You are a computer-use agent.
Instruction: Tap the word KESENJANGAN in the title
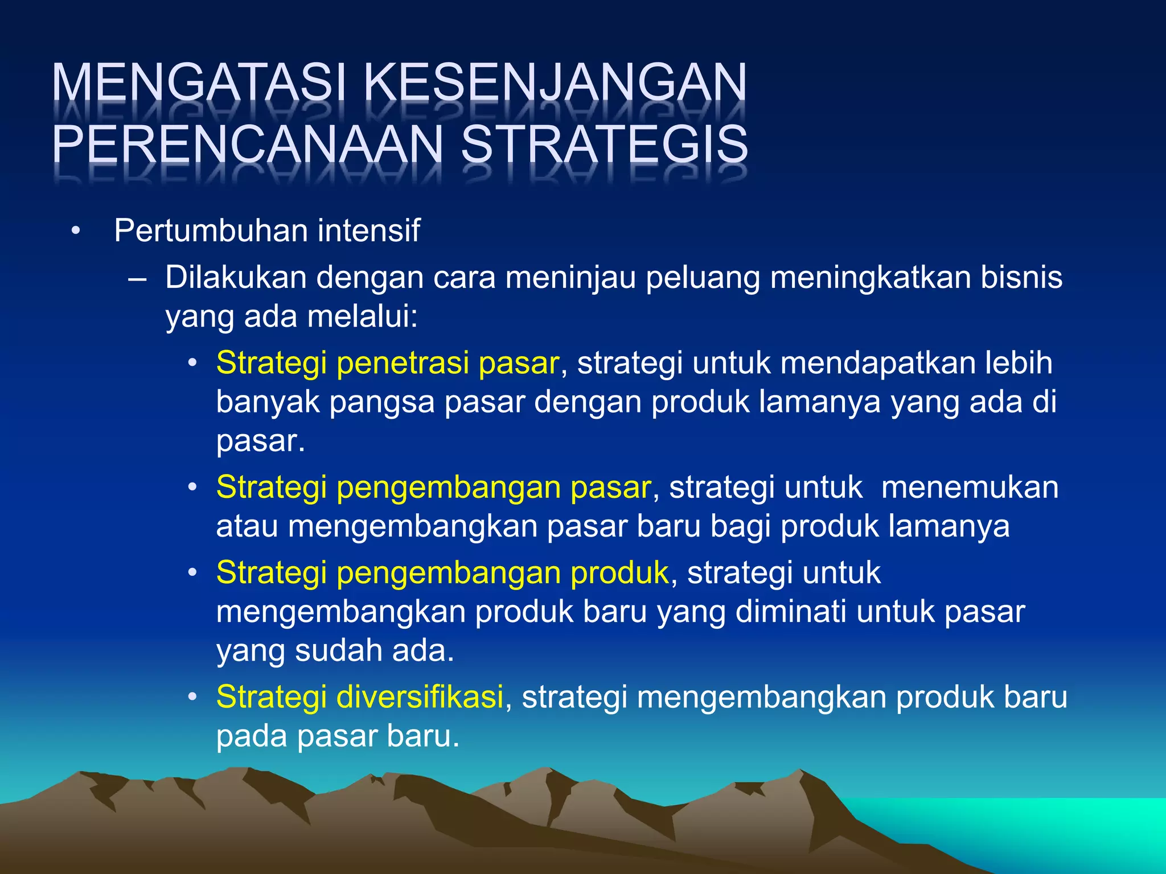(555, 84)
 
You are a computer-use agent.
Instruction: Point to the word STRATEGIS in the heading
(604, 145)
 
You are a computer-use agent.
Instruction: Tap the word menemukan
(970, 488)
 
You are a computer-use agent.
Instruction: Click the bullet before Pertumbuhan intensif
(75, 232)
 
